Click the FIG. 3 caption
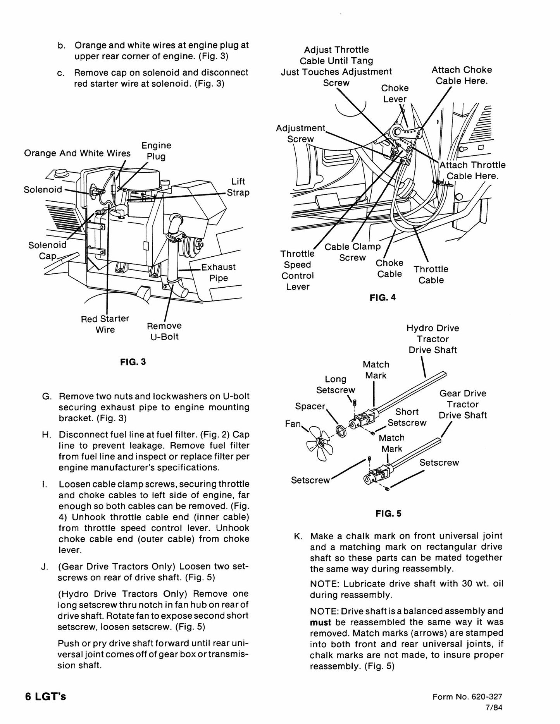click(x=133, y=362)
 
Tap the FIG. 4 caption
click(x=383, y=298)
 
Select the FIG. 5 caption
click(x=388, y=514)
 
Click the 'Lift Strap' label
click(x=238, y=187)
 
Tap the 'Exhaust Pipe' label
click(x=218, y=273)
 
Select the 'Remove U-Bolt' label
click(x=164, y=331)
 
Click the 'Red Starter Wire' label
click(x=105, y=324)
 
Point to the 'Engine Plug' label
click(x=156, y=151)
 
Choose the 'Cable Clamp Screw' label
click(x=353, y=252)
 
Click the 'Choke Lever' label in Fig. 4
click(x=395, y=93)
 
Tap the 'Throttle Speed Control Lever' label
click(x=298, y=270)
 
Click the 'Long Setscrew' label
click(x=336, y=384)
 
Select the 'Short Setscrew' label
click(x=407, y=417)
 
